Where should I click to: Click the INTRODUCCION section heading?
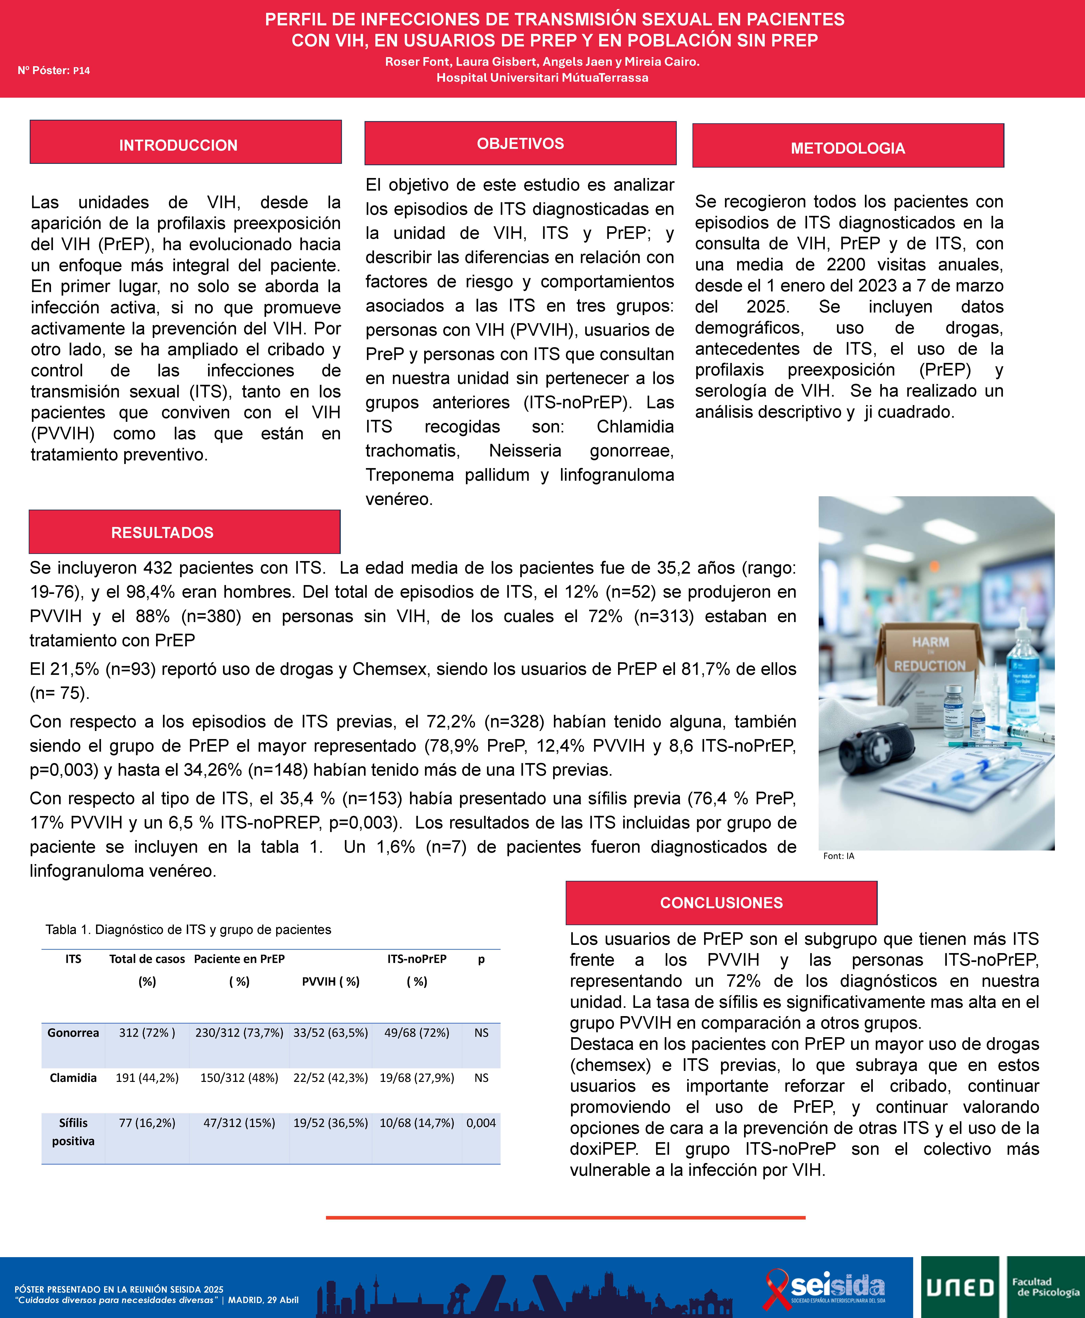click(x=179, y=145)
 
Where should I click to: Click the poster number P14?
click(x=81, y=71)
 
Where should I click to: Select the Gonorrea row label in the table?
click(x=73, y=1032)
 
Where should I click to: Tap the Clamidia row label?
click(x=73, y=1077)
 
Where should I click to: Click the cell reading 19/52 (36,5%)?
click(x=331, y=1122)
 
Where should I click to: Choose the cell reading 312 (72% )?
click(x=147, y=1032)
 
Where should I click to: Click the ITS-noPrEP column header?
click(x=417, y=958)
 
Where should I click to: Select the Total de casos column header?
click(x=147, y=958)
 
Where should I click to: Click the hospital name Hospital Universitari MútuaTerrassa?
click(x=542, y=78)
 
